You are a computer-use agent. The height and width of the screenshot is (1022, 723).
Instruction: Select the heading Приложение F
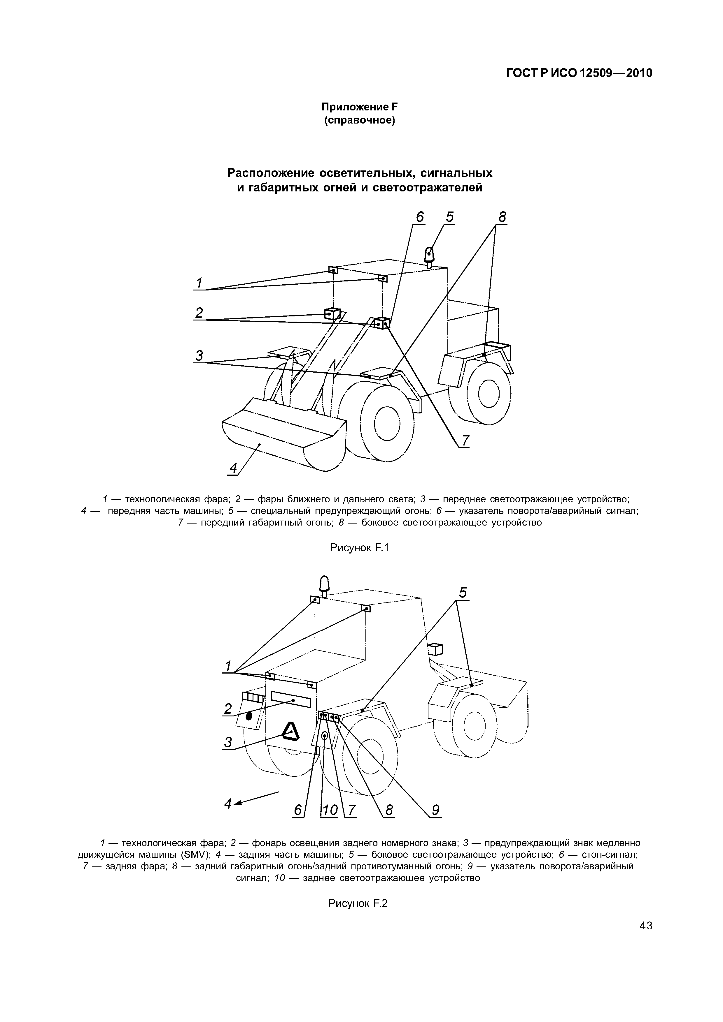[360, 107]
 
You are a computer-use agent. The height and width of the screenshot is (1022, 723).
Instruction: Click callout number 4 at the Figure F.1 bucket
[233, 468]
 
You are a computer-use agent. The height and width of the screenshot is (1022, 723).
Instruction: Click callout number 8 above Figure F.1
[502, 218]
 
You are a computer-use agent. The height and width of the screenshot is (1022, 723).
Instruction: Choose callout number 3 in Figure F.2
[228, 742]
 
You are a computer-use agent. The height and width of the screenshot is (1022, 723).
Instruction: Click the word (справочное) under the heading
[360, 121]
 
